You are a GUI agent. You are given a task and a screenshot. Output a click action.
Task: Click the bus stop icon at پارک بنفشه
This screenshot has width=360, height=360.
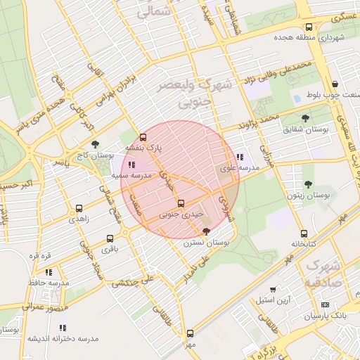point(143,137)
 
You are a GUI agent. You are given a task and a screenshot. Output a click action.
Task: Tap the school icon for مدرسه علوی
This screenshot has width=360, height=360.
point(240,157)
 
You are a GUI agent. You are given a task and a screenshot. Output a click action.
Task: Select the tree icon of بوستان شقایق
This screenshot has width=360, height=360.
point(305,118)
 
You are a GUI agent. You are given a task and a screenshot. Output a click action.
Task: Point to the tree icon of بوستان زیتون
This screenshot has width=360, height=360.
point(308,184)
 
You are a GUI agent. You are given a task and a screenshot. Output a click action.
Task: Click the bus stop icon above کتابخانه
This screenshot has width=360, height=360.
point(304,233)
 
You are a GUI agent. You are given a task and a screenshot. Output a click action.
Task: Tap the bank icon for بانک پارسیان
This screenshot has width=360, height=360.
point(324,305)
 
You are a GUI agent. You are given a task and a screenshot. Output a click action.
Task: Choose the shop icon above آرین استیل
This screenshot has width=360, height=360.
point(273,289)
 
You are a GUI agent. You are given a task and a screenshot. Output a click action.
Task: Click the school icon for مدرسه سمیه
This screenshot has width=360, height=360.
point(131,165)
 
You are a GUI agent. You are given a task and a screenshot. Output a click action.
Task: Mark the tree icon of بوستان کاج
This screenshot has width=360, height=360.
point(96,143)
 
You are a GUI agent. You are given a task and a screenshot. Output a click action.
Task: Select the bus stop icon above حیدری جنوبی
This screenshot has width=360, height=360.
point(181,203)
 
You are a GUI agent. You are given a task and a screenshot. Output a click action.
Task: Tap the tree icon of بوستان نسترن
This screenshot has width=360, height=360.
point(205,231)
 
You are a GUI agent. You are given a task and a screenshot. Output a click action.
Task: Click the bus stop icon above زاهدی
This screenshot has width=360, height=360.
point(79,208)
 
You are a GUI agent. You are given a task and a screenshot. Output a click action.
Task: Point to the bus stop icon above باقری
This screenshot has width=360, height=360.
point(110,238)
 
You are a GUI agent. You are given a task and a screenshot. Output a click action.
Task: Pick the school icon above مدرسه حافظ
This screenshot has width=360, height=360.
point(49,271)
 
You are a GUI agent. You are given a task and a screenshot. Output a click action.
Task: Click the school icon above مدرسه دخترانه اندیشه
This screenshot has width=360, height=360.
point(63,327)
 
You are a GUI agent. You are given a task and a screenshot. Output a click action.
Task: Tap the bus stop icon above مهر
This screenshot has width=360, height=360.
point(190,333)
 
